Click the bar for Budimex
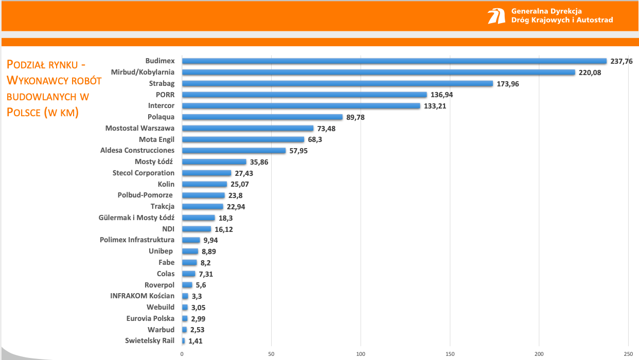click(394, 61)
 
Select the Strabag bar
click(338, 84)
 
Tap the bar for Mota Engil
click(243, 139)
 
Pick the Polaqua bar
click(262, 117)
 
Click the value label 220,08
click(590, 73)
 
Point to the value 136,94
click(442, 95)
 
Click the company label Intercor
click(161, 106)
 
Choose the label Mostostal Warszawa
click(140, 128)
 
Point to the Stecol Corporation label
click(144, 173)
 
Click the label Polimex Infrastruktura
click(137, 240)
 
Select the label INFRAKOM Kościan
click(143, 296)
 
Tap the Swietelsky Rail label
click(150, 340)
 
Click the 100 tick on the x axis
click(361, 354)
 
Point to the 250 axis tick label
click(628, 354)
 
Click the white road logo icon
click(496, 16)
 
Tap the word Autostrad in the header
click(595, 20)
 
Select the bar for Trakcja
click(202, 207)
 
